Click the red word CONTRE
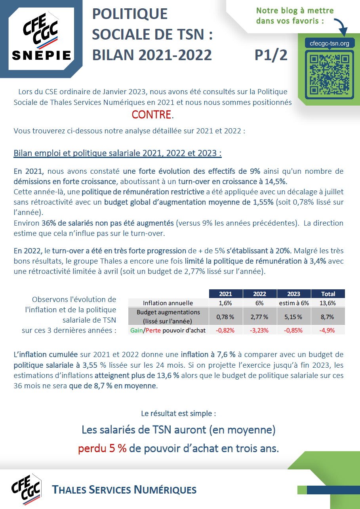click(152, 115)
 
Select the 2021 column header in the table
click(225, 294)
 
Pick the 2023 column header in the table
click(293, 294)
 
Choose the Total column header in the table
click(328, 294)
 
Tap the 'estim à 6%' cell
click(293, 303)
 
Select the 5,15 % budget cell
click(293, 317)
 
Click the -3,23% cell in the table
click(259, 330)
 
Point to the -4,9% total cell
click(328, 330)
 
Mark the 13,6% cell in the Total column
click(328, 303)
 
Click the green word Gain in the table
click(137, 330)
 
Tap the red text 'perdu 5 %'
click(102, 448)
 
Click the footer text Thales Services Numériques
click(125, 490)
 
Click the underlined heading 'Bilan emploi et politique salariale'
click(117, 153)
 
